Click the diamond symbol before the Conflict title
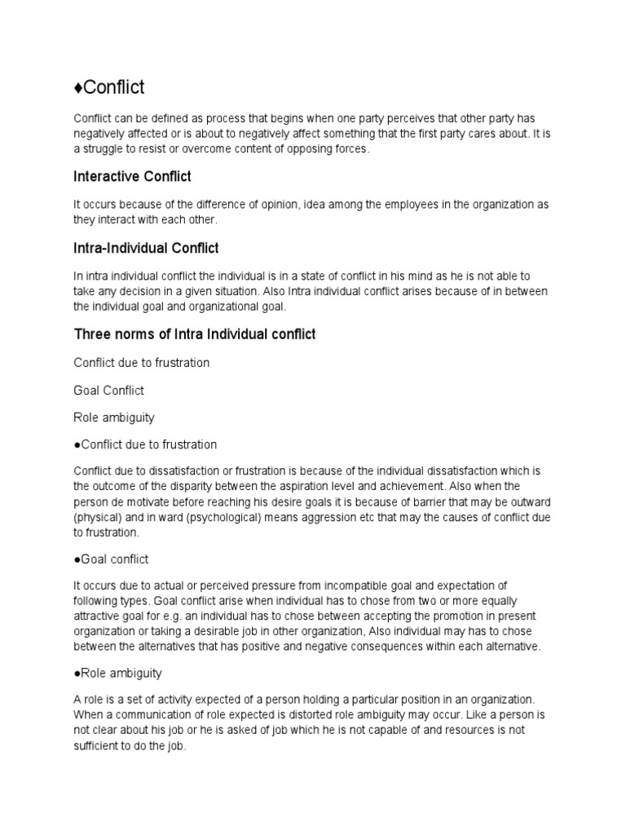78,86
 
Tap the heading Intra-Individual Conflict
146,247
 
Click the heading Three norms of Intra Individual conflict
194,334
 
